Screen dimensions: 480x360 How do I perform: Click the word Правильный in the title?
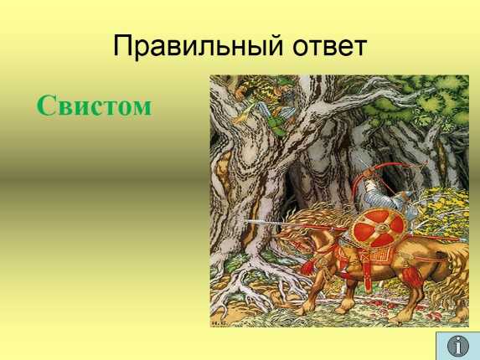(198, 47)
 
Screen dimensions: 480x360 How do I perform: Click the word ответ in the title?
(330, 47)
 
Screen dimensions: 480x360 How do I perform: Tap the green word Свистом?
(95, 105)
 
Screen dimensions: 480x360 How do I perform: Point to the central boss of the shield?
(381, 228)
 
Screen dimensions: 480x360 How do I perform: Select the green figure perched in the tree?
(269, 107)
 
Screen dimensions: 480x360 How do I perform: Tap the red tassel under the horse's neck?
(307, 267)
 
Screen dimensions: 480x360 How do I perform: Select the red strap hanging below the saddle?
(366, 273)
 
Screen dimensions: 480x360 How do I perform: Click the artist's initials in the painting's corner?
(218, 323)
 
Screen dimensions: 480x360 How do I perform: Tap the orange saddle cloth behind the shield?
(379, 253)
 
